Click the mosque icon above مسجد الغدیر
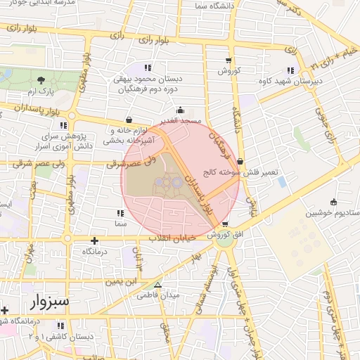pyautogui.click(x=181, y=110)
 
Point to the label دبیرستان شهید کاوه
pyautogui.click(x=290, y=81)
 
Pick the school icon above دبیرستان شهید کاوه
pyautogui.click(x=290, y=70)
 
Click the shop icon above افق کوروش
pyautogui.click(x=224, y=224)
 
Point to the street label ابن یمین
pyautogui.click(x=120, y=282)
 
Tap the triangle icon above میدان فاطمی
pyautogui.click(x=158, y=285)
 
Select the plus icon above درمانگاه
pyautogui.click(x=95, y=240)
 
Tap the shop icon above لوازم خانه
pyautogui.click(x=128, y=120)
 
